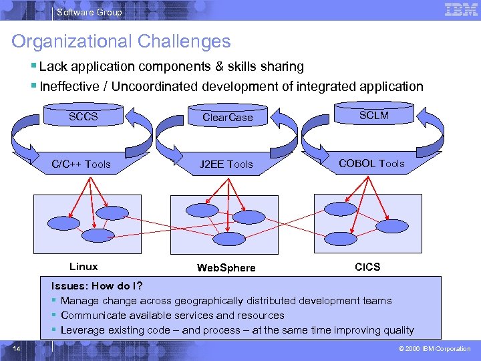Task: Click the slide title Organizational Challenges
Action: pyautogui.click(x=121, y=41)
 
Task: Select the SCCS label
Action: pyautogui.click(x=84, y=117)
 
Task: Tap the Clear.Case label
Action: pyautogui.click(x=228, y=118)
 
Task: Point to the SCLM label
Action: pyautogui.click(x=373, y=115)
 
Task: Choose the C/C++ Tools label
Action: pyautogui.click(x=82, y=164)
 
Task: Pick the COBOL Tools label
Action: pyautogui.click(x=371, y=163)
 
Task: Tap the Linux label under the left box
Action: pyautogui.click(x=84, y=267)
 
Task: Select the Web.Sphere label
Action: pyautogui.click(x=226, y=268)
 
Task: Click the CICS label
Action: pyautogui.click(x=367, y=267)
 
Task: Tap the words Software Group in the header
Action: pyautogui.click(x=90, y=12)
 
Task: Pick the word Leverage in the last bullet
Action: pyautogui.click(x=82, y=330)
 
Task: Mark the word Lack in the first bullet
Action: pyautogui.click(x=51, y=66)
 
